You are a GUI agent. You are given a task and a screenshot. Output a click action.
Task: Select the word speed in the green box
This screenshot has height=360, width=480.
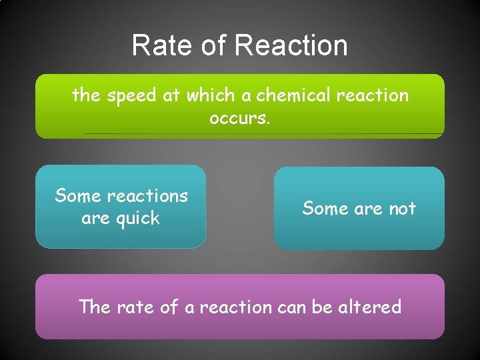coord(131,96)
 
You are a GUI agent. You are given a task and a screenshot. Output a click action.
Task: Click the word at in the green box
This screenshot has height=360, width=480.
coord(171,96)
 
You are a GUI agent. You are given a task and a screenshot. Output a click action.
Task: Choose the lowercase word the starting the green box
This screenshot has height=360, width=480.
coord(86,96)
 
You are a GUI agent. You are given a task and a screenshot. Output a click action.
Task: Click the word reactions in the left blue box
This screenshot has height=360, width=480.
coord(147,196)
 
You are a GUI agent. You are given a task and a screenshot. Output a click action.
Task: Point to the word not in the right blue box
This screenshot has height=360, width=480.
coord(402,209)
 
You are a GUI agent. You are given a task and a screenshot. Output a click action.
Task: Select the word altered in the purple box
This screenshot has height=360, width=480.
coord(370,307)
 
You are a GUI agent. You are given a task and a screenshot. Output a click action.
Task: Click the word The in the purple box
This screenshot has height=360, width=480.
coord(95,307)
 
